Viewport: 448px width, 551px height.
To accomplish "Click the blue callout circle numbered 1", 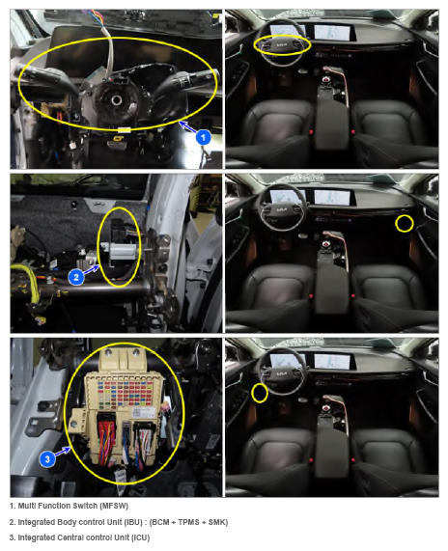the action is (x=203, y=137).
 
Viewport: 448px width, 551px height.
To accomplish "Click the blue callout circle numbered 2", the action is (x=76, y=277).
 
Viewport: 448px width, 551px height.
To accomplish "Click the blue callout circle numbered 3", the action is (x=47, y=459).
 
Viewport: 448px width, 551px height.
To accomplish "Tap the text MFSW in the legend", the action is (x=114, y=506).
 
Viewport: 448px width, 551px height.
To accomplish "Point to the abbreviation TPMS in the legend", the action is (x=189, y=522).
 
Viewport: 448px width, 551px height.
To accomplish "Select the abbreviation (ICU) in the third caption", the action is (x=141, y=537).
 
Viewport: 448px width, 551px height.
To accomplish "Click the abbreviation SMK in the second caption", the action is (x=216, y=522).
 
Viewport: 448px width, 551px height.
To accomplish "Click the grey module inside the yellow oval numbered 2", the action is (x=123, y=251).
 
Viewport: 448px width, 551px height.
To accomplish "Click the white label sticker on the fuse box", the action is (x=144, y=412).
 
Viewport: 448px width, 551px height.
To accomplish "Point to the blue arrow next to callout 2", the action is (x=92, y=270).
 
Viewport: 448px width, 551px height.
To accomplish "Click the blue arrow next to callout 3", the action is (x=64, y=452).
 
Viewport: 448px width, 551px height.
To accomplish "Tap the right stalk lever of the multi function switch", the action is (x=190, y=80).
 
